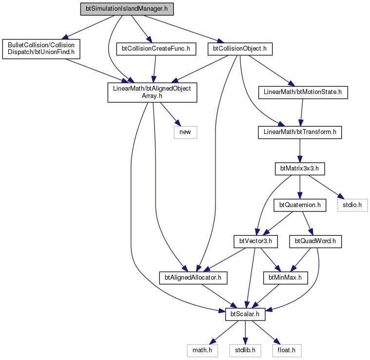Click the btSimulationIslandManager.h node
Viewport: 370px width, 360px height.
(x=127, y=9)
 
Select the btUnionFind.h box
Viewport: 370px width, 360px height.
(x=41, y=49)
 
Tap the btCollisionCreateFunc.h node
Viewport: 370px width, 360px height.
(x=156, y=49)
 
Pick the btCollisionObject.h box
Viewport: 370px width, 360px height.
(x=240, y=49)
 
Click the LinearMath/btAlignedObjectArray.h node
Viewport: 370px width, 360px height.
(x=152, y=93)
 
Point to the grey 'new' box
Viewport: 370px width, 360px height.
(x=185, y=132)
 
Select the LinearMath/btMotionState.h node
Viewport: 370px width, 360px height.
(x=303, y=93)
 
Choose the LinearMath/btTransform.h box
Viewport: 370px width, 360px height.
(x=300, y=132)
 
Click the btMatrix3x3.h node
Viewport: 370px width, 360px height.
(x=300, y=169)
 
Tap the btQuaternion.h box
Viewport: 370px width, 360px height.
(x=300, y=205)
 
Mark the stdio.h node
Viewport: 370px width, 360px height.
(x=352, y=205)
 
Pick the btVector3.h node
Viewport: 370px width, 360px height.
(x=255, y=242)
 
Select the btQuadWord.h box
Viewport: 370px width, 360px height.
(x=315, y=242)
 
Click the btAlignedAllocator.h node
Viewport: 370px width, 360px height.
(x=193, y=278)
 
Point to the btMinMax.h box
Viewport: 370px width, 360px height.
(x=285, y=278)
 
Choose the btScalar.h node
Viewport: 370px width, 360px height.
(x=245, y=314)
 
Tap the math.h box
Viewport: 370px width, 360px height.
(x=202, y=351)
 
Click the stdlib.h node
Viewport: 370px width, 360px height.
(x=245, y=351)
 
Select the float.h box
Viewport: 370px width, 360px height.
(x=287, y=351)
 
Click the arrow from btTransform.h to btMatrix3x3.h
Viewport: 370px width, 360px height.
(x=300, y=151)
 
